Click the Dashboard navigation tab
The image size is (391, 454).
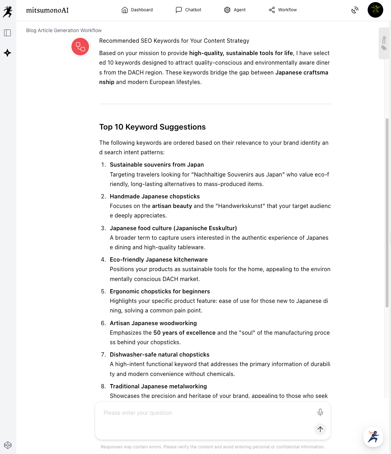(x=137, y=10)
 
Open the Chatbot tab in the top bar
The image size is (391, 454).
(x=189, y=10)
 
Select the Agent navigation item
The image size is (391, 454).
(x=235, y=10)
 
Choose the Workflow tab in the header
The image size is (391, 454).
(x=283, y=10)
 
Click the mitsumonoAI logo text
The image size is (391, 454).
(x=47, y=10)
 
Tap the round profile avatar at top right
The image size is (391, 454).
(x=375, y=10)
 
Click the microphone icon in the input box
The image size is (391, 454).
(x=320, y=412)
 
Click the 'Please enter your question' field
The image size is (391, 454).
(x=205, y=413)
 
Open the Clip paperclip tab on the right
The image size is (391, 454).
(x=384, y=43)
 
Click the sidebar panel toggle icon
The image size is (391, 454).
(x=7, y=33)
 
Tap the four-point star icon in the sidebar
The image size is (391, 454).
(x=7, y=53)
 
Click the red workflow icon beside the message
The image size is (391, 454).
(x=80, y=47)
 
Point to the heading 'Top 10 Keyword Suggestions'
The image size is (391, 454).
(x=152, y=127)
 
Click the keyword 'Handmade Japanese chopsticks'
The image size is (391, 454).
(x=155, y=196)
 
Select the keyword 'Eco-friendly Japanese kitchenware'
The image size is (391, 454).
(x=159, y=259)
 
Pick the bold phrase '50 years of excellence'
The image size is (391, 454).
(x=184, y=333)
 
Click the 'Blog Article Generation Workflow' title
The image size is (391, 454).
(x=64, y=30)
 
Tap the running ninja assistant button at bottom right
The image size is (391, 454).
(x=373, y=437)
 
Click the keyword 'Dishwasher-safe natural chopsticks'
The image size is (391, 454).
(x=159, y=354)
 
